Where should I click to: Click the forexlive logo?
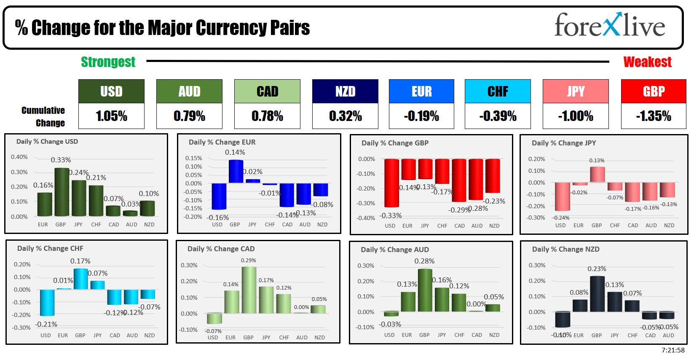(x=609, y=25)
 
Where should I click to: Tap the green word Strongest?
(x=108, y=62)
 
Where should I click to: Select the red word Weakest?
(x=647, y=62)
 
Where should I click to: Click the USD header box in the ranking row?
(x=111, y=91)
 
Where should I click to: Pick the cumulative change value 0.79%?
(x=189, y=116)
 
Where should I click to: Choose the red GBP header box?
(x=654, y=91)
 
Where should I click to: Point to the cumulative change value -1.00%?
(x=576, y=116)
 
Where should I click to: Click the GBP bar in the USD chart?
(x=62, y=192)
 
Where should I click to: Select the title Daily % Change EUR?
(x=222, y=142)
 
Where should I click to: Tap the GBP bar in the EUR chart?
(x=236, y=171)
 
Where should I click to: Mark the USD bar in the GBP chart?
(x=391, y=183)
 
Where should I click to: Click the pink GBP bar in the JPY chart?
(x=597, y=175)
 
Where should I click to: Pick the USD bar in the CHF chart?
(x=47, y=302)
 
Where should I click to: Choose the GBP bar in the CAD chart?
(x=249, y=290)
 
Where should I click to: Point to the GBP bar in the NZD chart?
(x=597, y=294)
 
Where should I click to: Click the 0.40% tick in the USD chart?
(x=19, y=157)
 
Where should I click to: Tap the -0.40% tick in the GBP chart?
(x=366, y=218)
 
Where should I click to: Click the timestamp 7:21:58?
(x=673, y=350)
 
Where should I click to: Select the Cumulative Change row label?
(x=43, y=116)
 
